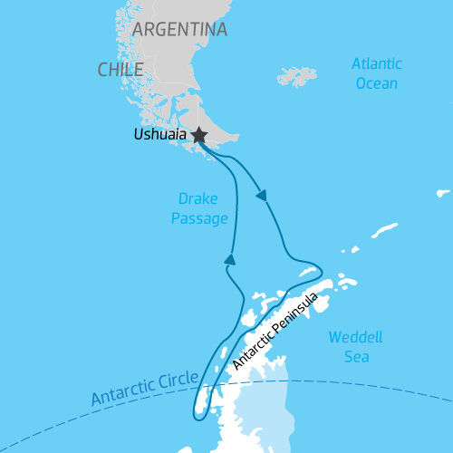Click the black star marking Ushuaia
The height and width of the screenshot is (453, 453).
(x=198, y=135)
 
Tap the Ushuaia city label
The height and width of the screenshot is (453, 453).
(x=159, y=136)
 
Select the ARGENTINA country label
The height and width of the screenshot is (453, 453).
(x=179, y=29)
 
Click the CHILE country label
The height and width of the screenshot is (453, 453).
(x=121, y=69)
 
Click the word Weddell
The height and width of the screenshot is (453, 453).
(x=355, y=337)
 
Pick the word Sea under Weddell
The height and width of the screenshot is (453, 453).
(x=355, y=356)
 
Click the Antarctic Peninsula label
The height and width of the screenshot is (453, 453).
(x=275, y=331)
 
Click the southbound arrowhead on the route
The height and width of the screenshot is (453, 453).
(x=262, y=195)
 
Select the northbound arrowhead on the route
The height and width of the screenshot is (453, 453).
(x=230, y=260)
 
